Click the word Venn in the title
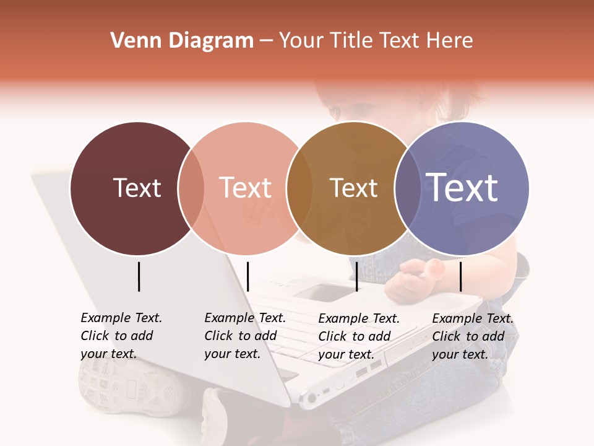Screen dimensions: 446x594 pyautogui.click(x=132, y=41)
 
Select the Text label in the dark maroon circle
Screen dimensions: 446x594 pyautogui.click(x=137, y=188)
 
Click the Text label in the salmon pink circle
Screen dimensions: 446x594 pyautogui.click(x=245, y=188)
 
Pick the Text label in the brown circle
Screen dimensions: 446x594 pyautogui.click(x=353, y=188)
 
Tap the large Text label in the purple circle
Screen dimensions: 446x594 pyautogui.click(x=462, y=187)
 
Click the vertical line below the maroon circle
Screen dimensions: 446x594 pyautogui.click(x=139, y=276)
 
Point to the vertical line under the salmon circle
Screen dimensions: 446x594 pyautogui.click(x=247, y=276)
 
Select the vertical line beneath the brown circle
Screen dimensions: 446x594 pyautogui.click(x=357, y=276)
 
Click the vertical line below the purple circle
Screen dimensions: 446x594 pyautogui.click(x=460, y=276)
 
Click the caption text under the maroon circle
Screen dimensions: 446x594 pyautogui.click(x=121, y=336)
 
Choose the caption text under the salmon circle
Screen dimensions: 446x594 pyautogui.click(x=245, y=336)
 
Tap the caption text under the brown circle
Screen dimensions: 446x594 pyautogui.click(x=359, y=336)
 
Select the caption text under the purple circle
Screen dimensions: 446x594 pyautogui.click(x=473, y=336)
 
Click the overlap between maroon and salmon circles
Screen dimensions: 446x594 pyautogui.click(x=191, y=188)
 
